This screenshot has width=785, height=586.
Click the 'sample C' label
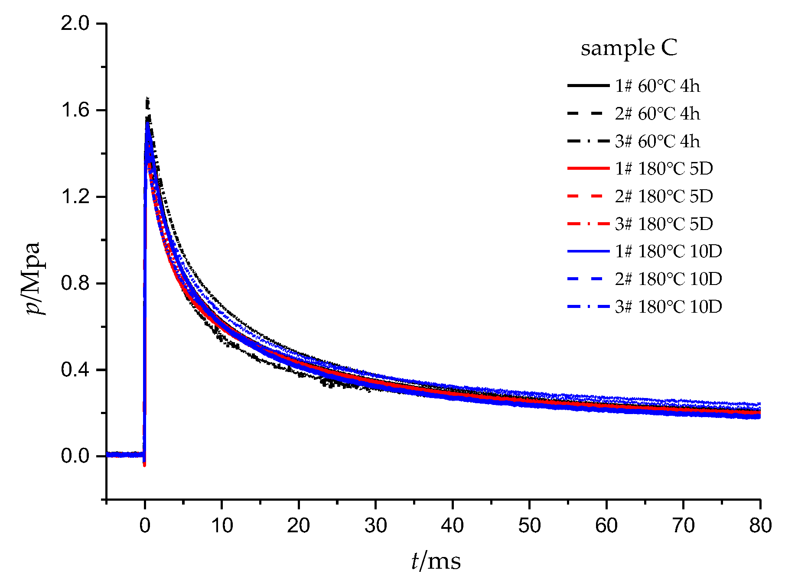(629, 48)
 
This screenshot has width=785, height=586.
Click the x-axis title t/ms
(436, 562)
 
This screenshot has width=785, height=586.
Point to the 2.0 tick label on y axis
(75, 23)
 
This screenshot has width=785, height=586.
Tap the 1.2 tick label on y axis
(75, 197)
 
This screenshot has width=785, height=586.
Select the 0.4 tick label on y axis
(75, 370)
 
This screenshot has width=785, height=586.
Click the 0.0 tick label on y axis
(75, 456)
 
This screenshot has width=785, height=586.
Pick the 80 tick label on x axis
(760, 526)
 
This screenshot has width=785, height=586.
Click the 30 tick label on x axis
(375, 526)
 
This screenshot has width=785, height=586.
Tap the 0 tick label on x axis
(145, 526)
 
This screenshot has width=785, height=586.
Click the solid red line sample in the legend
(588, 168)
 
